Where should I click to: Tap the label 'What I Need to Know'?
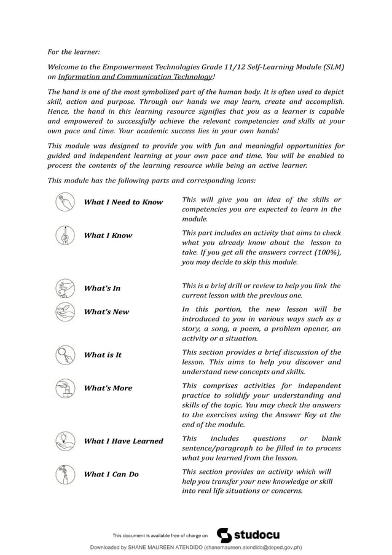tap(123, 202)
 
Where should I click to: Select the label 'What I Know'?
tap(108, 235)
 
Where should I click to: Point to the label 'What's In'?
tap(102, 288)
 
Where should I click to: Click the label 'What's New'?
tap(106, 312)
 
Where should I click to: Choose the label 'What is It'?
tap(103, 355)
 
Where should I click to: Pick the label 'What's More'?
tap(108, 388)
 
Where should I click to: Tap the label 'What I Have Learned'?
tap(123, 441)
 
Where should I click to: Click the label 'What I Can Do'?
tap(111, 474)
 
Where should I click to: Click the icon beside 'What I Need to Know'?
tap(64, 202)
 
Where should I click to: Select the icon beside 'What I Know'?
tap(64, 235)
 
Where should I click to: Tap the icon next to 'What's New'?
tap(64, 312)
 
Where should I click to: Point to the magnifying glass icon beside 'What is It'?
tap(64, 355)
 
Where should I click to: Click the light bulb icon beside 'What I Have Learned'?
tap(64, 441)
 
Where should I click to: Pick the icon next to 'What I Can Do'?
tap(64, 474)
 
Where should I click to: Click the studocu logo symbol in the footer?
tap(225, 535)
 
